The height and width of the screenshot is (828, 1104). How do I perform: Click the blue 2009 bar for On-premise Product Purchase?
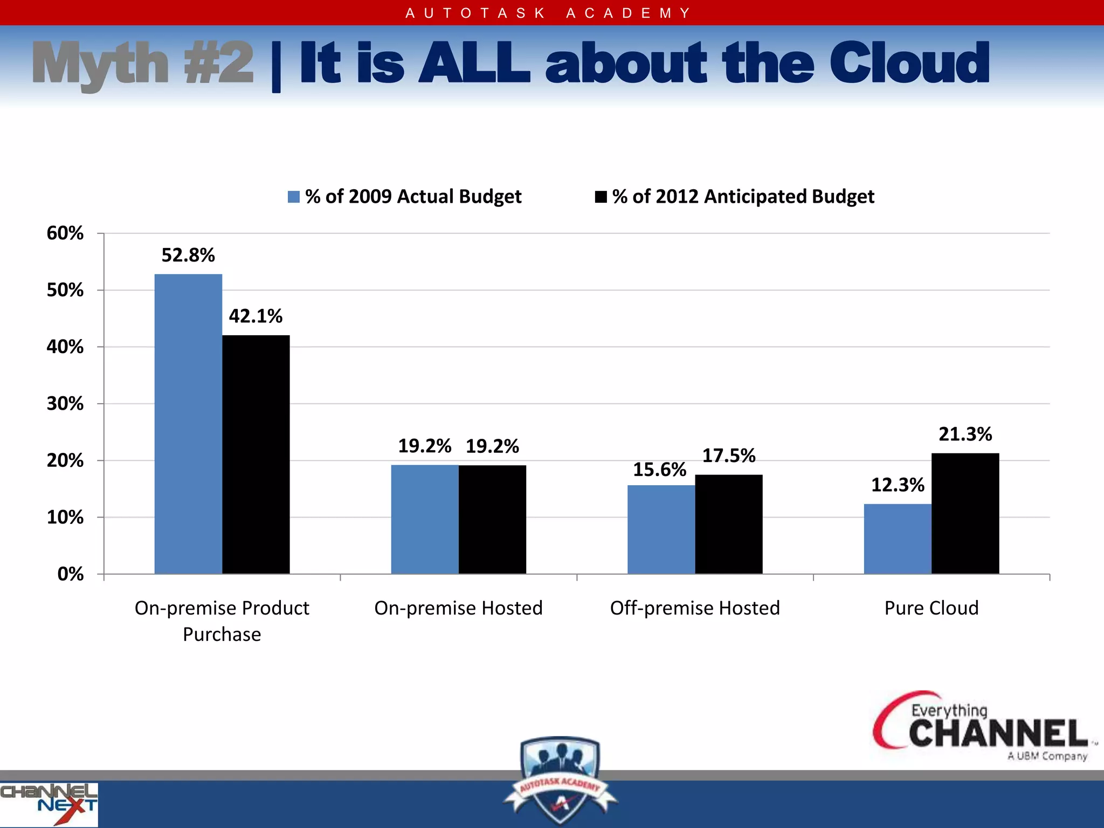coord(188,424)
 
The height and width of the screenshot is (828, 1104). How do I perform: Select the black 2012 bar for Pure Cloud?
coord(965,513)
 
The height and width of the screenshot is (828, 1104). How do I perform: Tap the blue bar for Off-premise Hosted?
coord(661,529)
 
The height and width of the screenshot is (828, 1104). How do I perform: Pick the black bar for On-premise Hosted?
coord(492,519)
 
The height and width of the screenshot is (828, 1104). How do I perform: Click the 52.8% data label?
coord(188,255)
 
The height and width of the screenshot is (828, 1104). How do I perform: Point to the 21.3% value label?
coord(965,434)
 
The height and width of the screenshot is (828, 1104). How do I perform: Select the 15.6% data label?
coord(659,470)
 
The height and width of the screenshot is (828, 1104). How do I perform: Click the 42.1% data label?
coord(256,316)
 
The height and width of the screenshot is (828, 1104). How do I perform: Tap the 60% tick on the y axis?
coord(65,233)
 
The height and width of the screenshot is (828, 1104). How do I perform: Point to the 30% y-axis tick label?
coord(65,404)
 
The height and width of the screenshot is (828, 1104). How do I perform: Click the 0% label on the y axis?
coord(71,574)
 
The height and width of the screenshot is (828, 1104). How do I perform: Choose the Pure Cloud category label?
coord(931,608)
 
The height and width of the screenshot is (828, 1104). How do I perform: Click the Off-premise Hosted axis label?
coord(695,608)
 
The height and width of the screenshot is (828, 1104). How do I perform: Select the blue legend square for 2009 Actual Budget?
coord(294,197)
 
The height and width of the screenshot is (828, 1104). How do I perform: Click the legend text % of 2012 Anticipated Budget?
coord(743,197)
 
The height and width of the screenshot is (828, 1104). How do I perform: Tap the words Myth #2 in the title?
coord(143,64)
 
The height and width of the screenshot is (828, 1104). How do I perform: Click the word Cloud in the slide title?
coord(909,64)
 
